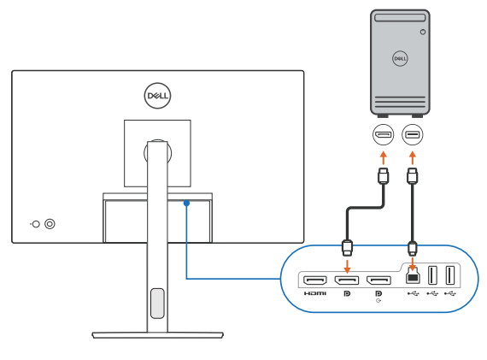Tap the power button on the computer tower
point(422,32)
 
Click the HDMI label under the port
point(314,294)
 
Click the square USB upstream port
point(413,278)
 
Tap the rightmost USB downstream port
point(450,276)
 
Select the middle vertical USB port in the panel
point(432,276)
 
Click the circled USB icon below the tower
point(413,135)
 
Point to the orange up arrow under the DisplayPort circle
point(384,157)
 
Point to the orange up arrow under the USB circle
point(413,157)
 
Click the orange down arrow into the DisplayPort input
point(346,263)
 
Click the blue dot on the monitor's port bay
point(185,203)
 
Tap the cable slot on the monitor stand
point(156,303)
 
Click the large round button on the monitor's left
point(50,224)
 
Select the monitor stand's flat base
point(156,334)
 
